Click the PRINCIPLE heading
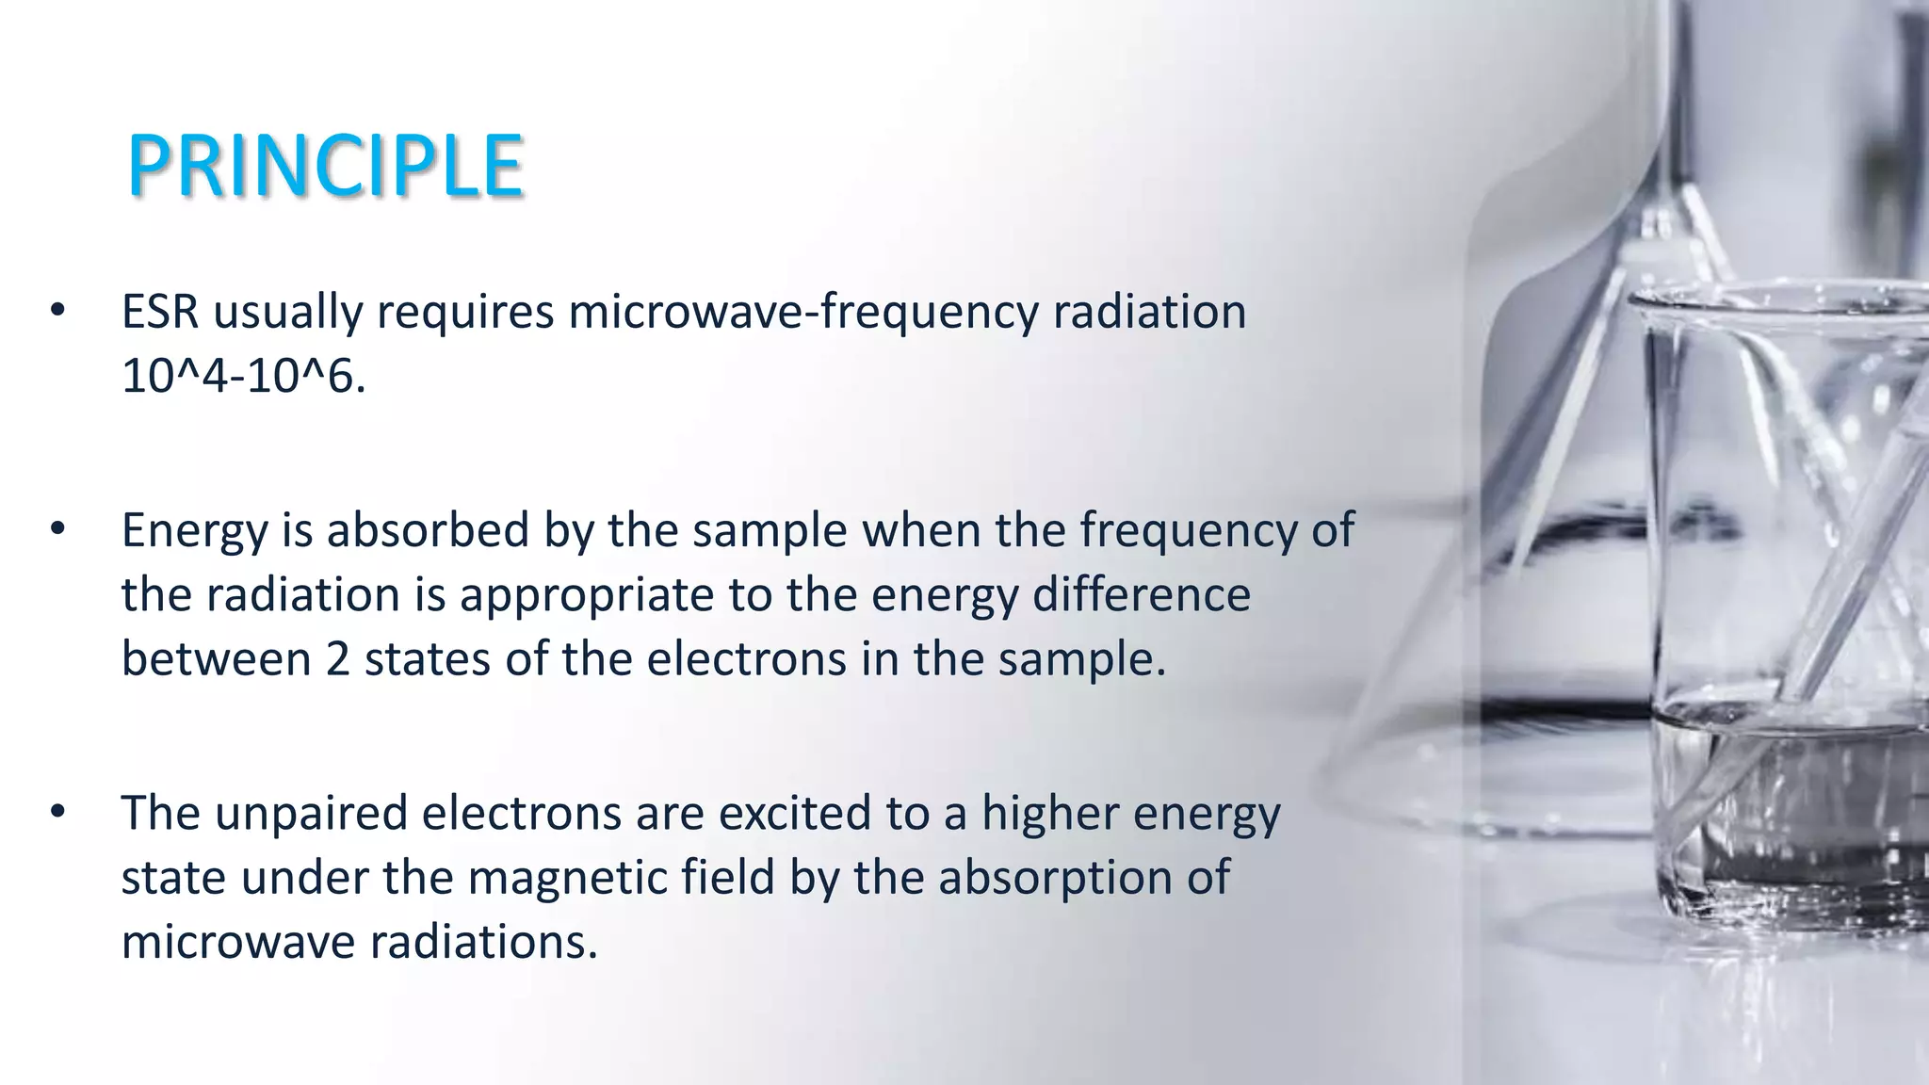click(325, 167)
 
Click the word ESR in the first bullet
click(160, 312)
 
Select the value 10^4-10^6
click(242, 377)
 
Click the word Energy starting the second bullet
click(194, 531)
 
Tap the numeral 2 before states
click(338, 658)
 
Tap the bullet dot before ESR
click(58, 311)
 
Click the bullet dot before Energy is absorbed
click(58, 529)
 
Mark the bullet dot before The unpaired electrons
click(58, 812)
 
